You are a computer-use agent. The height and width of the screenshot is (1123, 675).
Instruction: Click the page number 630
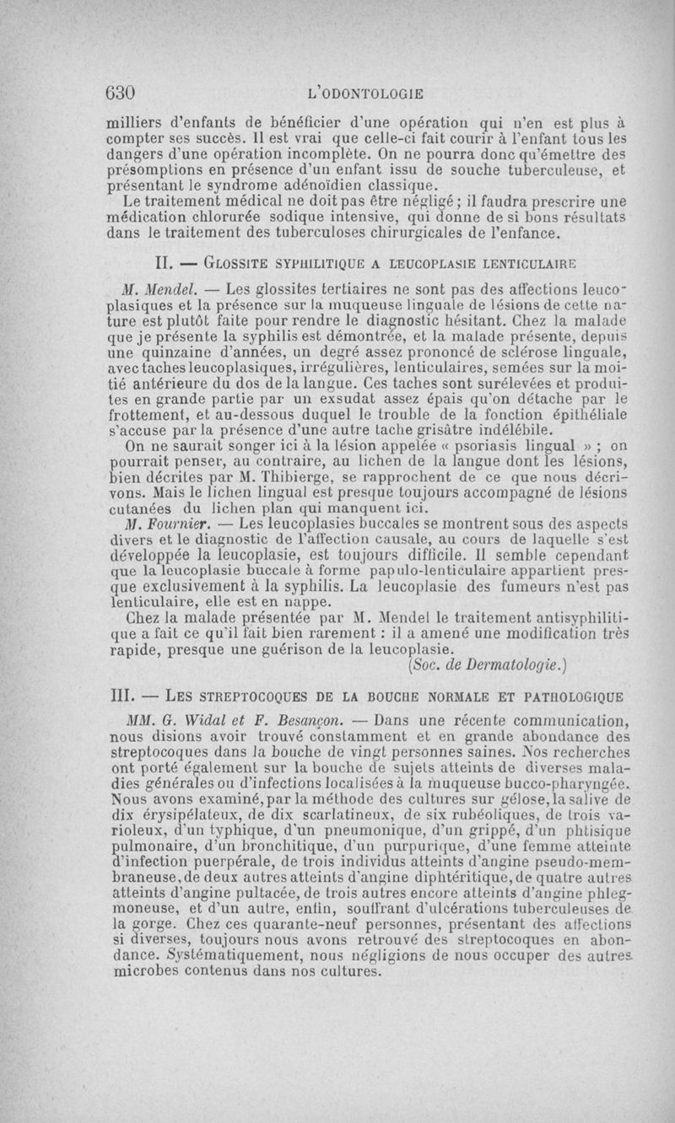[x=121, y=92]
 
